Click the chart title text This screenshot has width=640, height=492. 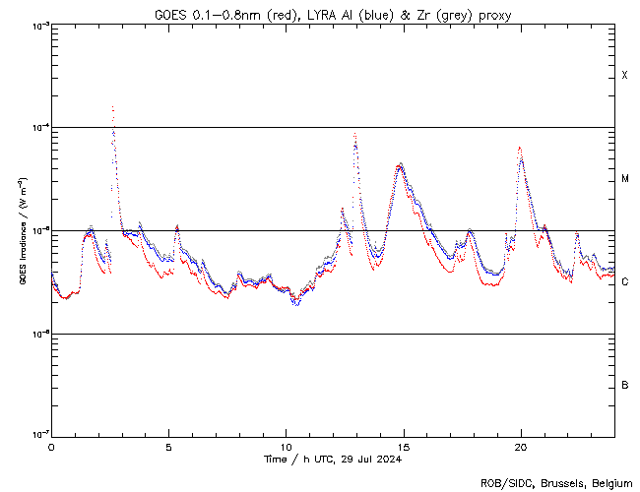pyautogui.click(x=332, y=14)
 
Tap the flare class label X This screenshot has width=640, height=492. pyautogui.click(x=624, y=76)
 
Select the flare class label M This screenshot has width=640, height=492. pyautogui.click(x=625, y=179)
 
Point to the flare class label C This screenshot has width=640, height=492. pyautogui.click(x=624, y=281)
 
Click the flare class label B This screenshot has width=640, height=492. pyautogui.click(x=624, y=385)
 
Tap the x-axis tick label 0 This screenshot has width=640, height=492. pyautogui.click(x=51, y=446)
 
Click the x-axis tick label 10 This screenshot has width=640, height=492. pyautogui.click(x=286, y=446)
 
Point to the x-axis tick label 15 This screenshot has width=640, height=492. pyautogui.click(x=403, y=446)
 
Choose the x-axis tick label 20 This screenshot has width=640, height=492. pyautogui.click(x=520, y=446)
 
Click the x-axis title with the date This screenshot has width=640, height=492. pyautogui.click(x=332, y=459)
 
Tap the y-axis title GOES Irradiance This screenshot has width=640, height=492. pyautogui.click(x=22, y=231)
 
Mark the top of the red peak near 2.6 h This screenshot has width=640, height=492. pyautogui.click(x=112, y=106)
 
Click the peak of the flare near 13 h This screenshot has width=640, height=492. pyautogui.click(x=354, y=134)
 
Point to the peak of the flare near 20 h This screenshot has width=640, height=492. pyautogui.click(x=520, y=149)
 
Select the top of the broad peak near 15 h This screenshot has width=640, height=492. pyautogui.click(x=400, y=165)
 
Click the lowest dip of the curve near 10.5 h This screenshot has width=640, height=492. pyautogui.click(x=295, y=305)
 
